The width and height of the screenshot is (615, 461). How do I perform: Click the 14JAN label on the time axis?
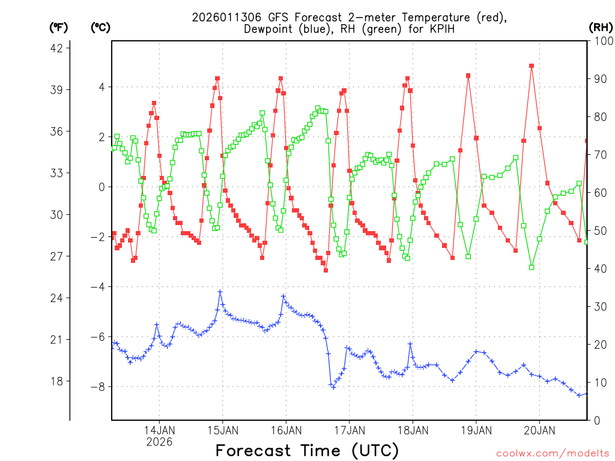(x=159, y=430)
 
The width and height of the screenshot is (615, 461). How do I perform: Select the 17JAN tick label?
(x=349, y=430)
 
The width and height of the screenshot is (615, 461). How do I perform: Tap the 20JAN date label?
(x=539, y=430)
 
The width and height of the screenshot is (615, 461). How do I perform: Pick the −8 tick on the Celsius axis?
(x=97, y=387)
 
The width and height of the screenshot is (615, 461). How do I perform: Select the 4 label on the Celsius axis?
(x=101, y=87)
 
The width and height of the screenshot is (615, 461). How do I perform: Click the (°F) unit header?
(x=59, y=27)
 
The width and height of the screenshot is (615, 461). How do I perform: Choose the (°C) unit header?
(x=100, y=27)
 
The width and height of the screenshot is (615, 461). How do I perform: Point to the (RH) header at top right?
(x=601, y=27)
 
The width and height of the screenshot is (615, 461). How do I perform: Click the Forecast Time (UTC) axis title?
(x=307, y=450)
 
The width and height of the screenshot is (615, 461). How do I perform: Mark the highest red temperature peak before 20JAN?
(x=532, y=65)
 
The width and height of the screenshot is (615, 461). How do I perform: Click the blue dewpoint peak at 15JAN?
(x=220, y=292)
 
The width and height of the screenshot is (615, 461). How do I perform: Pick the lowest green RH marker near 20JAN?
(x=532, y=267)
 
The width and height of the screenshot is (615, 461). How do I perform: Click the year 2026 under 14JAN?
(x=159, y=441)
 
